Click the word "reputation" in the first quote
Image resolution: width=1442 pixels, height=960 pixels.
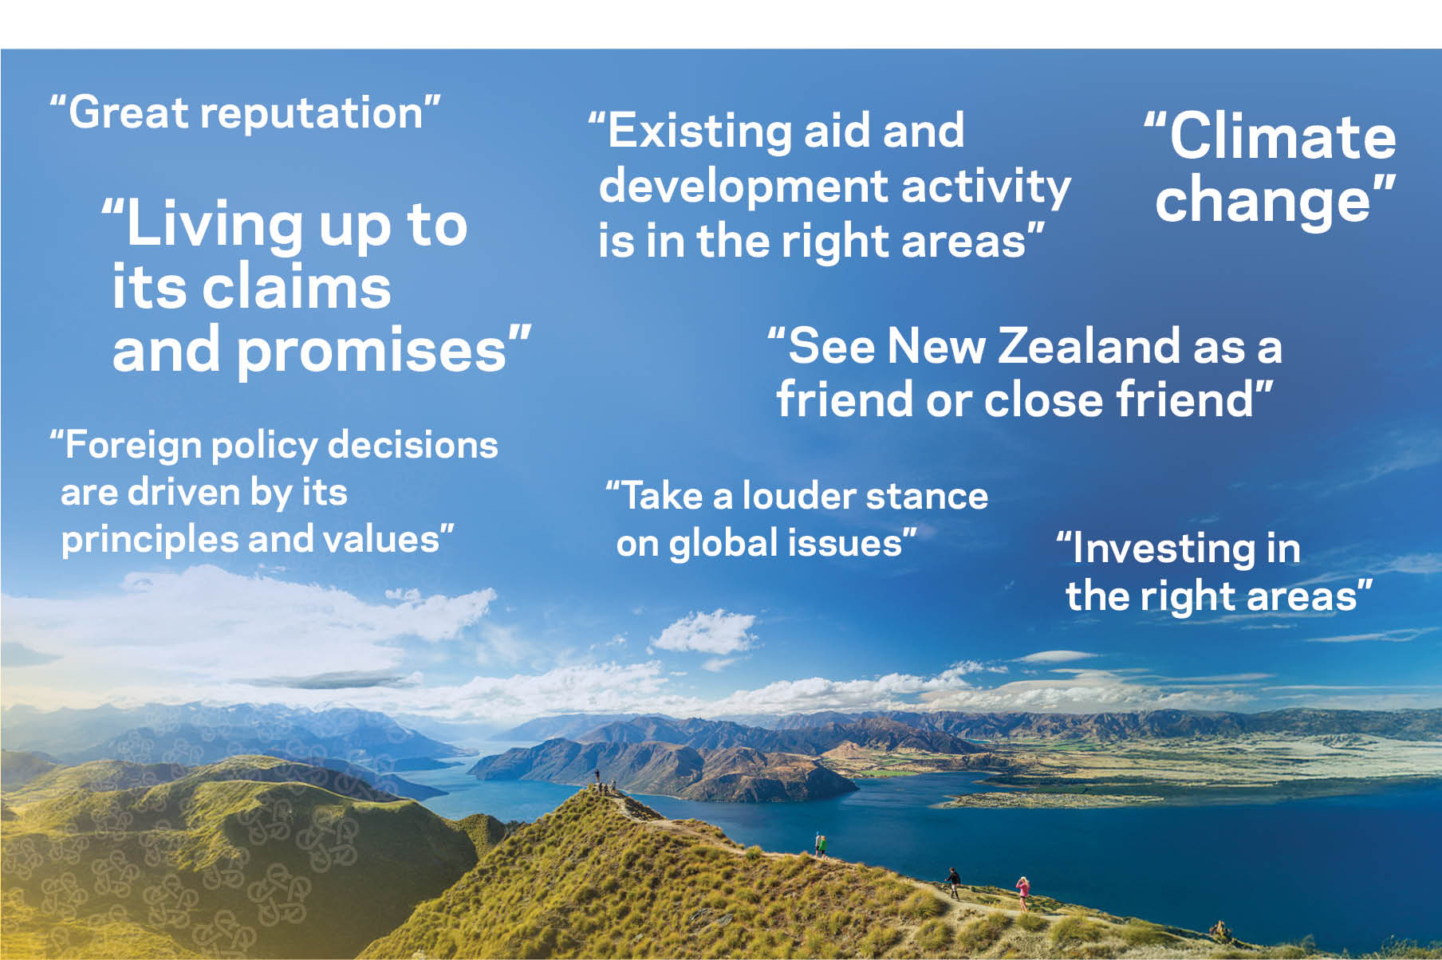click(311, 114)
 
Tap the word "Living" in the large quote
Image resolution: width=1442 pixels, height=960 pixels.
click(216, 226)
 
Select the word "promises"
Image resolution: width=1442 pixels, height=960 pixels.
click(372, 351)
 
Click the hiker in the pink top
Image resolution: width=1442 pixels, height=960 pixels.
click(1022, 893)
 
